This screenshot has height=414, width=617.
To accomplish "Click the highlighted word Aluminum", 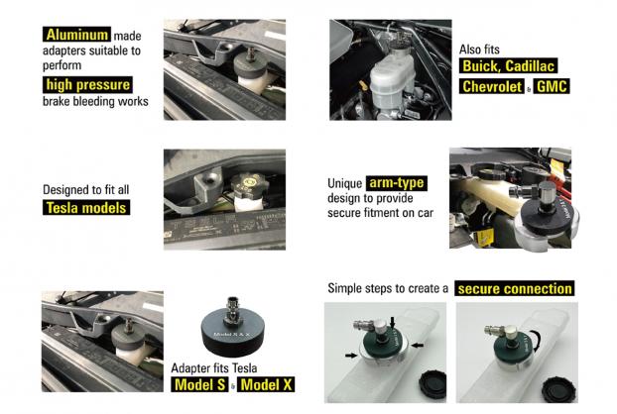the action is [x=76, y=35].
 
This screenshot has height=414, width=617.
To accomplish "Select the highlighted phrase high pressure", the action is [x=87, y=84].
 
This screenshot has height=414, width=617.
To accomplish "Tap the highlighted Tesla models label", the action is [x=86, y=207].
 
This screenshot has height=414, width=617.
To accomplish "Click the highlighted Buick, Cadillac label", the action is [x=509, y=66].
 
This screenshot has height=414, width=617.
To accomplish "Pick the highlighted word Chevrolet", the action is [x=492, y=86].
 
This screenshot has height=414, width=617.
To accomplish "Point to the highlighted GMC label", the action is [x=552, y=86].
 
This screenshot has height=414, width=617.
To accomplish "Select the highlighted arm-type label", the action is [x=397, y=183].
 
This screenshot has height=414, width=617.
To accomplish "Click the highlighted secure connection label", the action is [x=515, y=288].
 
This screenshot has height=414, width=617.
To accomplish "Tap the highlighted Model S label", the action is [x=200, y=384].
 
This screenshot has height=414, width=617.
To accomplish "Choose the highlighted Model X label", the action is [x=266, y=384].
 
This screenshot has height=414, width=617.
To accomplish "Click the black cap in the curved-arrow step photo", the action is [x=559, y=389].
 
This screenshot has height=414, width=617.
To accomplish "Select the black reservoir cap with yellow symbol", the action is [x=249, y=184].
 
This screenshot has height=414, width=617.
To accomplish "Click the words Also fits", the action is [x=479, y=50].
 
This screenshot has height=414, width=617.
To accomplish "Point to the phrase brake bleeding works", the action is [x=95, y=101].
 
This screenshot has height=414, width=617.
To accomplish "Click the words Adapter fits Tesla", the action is [x=214, y=368].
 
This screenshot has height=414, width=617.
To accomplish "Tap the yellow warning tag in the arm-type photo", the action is [x=485, y=237].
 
